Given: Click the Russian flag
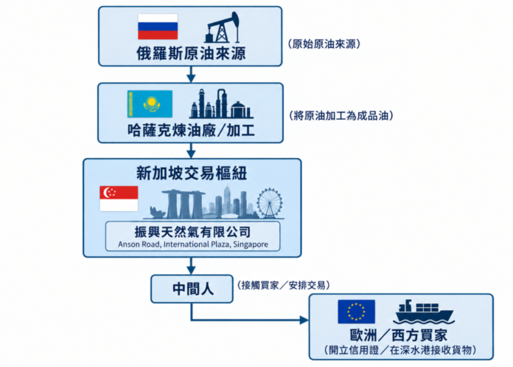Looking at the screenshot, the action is (158, 27).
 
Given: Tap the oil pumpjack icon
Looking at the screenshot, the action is (222, 27).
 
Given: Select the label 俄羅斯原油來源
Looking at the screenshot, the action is (191, 53).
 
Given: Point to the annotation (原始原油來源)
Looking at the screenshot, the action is (324, 44).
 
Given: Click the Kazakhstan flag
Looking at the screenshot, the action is (150, 104).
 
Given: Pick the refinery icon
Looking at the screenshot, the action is (222, 103).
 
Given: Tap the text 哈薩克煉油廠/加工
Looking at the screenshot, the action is (191, 131).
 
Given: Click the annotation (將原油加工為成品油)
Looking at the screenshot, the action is (341, 116).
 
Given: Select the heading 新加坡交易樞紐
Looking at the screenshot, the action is (192, 173).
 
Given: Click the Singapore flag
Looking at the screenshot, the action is (119, 199).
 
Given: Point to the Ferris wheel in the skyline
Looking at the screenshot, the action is (270, 203).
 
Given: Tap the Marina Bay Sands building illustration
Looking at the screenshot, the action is (184, 204).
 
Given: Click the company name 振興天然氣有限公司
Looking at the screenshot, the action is (192, 232).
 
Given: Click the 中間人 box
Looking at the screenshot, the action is (192, 289).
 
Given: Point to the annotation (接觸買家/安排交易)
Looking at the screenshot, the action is (283, 286).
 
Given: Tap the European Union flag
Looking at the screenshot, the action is (356, 312).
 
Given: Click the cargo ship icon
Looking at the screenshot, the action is (422, 312).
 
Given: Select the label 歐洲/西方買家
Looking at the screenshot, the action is (399, 335).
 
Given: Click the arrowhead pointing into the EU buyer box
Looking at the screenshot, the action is (304, 320).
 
